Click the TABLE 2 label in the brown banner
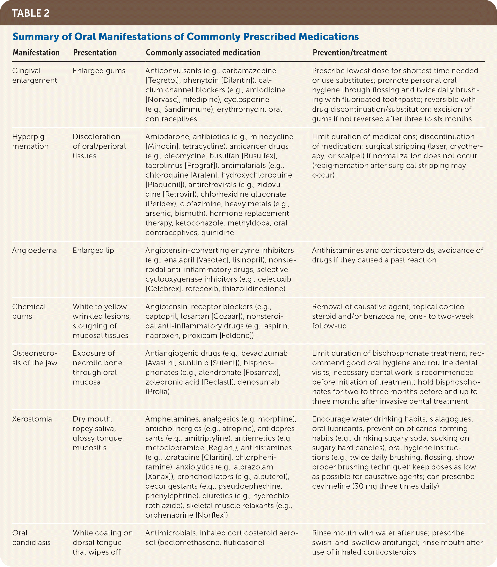pyautogui.click(x=30, y=13)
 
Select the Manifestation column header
pyautogui.click(x=36, y=52)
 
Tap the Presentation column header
pyautogui.click(x=95, y=52)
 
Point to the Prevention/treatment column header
pyautogui.click(x=349, y=52)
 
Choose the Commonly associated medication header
pyautogui.click(x=203, y=52)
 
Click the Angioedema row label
pyautogui.click(x=34, y=250)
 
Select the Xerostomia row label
pyautogui.click(x=32, y=419)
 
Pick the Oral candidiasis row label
pyautogui.click(x=31, y=538)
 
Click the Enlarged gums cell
pyautogui.click(x=99, y=71)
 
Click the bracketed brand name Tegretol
pyautogui.click(x=162, y=80)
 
